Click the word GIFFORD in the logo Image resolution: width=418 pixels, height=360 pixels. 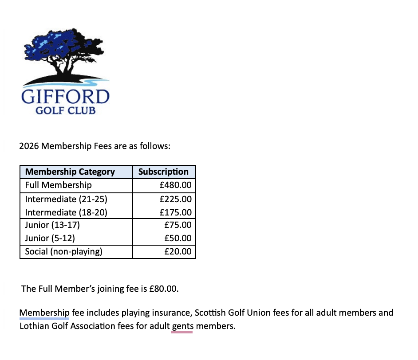pyautogui.click(x=65, y=97)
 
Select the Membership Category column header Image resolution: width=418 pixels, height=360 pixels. pyautogui.click(x=70, y=172)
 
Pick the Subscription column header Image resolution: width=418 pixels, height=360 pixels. pyautogui.click(x=163, y=172)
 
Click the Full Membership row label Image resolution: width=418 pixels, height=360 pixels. pyautogui.click(x=59, y=185)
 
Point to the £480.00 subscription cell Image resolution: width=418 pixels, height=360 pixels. pyautogui.click(x=175, y=185)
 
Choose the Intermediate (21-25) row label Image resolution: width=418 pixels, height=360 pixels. pyautogui.click(x=66, y=199)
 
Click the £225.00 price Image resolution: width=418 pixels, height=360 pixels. pyautogui.click(x=175, y=199)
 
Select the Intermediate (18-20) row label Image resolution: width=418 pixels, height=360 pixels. pyautogui.click(x=66, y=212)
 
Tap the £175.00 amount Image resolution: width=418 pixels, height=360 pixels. pyautogui.click(x=175, y=212)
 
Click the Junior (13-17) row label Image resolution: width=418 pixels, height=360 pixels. pyautogui.click(x=52, y=225)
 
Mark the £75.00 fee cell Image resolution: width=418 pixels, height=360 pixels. pyautogui.click(x=177, y=225)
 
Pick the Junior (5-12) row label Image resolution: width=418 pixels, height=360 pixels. pyautogui.click(x=50, y=239)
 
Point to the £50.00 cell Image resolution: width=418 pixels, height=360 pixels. pyautogui.click(x=177, y=239)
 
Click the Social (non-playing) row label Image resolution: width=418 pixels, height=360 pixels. pyautogui.click(x=64, y=252)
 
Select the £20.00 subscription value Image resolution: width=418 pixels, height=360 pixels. pyautogui.click(x=177, y=252)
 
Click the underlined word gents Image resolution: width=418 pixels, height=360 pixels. pyautogui.click(x=182, y=327)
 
